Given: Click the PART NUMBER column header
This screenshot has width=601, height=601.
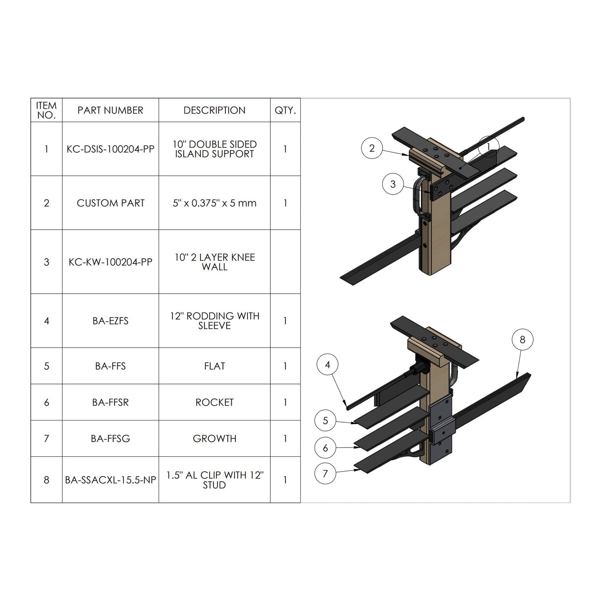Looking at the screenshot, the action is (110, 110).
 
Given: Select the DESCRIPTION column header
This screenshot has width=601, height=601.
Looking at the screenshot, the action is (214, 110).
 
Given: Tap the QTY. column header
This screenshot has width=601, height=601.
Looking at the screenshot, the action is (285, 110).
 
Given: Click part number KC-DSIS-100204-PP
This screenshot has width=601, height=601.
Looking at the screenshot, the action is (110, 149).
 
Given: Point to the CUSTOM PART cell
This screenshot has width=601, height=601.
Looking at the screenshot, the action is (110, 203).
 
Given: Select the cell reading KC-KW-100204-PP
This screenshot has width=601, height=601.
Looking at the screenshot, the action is (110, 262).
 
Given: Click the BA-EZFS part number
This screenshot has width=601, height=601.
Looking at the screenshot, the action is (110, 321).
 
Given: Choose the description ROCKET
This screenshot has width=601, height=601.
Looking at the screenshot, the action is (214, 402).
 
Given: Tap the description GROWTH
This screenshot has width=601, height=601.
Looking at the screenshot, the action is (214, 438).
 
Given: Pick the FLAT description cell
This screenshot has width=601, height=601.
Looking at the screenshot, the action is (214, 366).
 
